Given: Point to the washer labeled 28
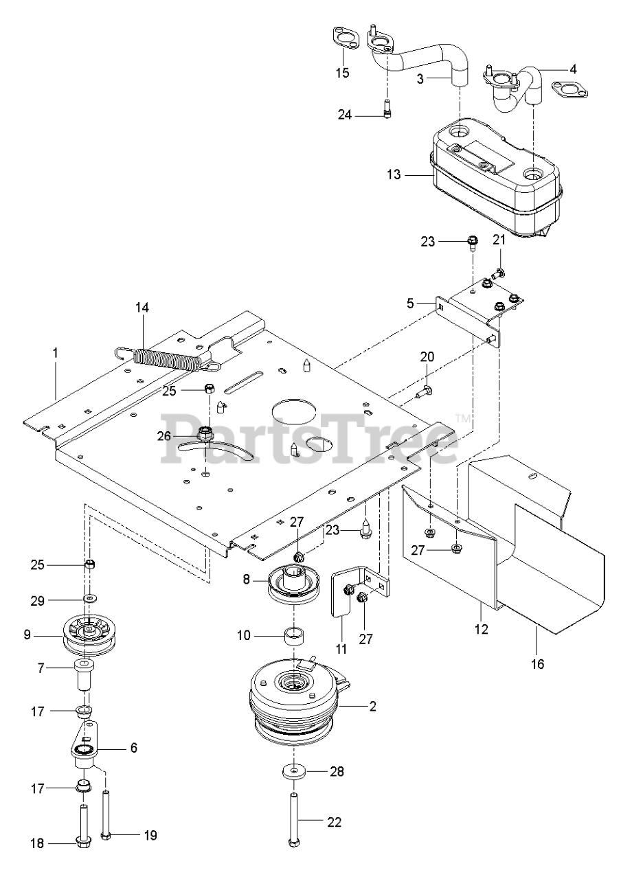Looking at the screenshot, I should pos(295,772).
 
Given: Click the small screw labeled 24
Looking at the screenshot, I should pos(387,109).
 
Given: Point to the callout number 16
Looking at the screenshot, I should pos(537,664).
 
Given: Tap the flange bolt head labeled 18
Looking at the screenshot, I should pos(81,841).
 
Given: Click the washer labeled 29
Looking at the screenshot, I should pos(90,600).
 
